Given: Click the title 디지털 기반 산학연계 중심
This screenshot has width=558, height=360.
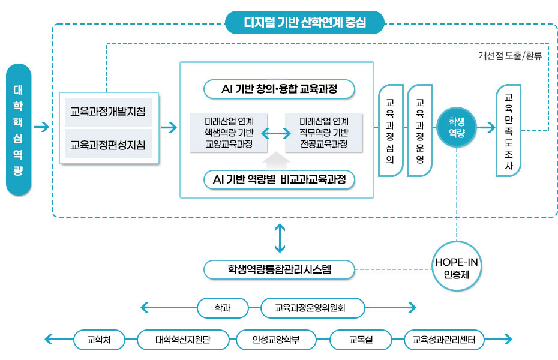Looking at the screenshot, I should (305, 23).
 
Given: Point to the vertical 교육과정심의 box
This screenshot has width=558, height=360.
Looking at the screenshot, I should (390, 130).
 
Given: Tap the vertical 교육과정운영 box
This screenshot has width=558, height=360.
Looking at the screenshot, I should (419, 130).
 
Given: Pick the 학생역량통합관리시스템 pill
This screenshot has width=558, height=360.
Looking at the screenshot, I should (279, 269).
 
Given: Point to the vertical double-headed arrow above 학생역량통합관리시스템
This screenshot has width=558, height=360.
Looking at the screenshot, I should (279, 238).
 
